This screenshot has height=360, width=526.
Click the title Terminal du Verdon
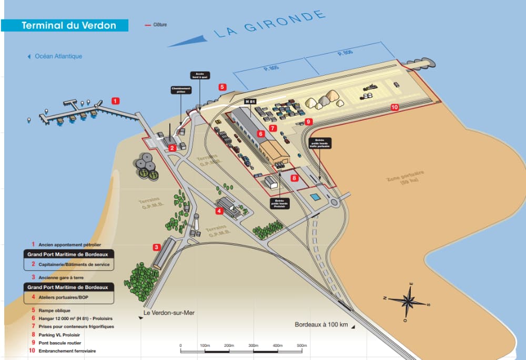pos(68,25)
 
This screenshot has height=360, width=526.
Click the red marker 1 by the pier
pos(116,100)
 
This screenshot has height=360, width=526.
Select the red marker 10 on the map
pos(394,107)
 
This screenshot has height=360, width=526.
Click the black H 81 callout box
pos(250,101)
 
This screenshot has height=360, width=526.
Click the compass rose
pos(408,301)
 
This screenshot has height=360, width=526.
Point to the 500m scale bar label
pos(301,345)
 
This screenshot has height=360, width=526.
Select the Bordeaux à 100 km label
pos(321,324)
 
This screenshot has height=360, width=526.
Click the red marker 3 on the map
pos(156,246)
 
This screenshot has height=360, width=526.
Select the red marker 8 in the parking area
pos(295,178)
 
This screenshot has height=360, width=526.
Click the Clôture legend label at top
pos(160,25)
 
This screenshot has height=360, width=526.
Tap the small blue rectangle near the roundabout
pos(315,197)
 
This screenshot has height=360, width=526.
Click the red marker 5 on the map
pos(222,87)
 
